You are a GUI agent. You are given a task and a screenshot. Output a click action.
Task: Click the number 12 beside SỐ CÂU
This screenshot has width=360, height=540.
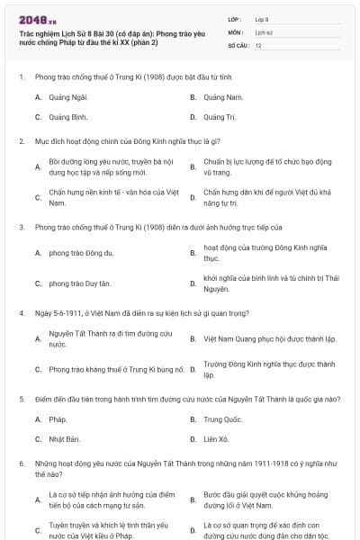point(259,44)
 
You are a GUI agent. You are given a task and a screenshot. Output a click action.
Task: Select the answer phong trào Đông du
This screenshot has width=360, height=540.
point(80,253)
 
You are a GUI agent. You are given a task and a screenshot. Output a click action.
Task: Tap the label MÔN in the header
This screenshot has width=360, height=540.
point(236,31)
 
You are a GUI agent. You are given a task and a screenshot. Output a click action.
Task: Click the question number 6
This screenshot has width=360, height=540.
point(21,462)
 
